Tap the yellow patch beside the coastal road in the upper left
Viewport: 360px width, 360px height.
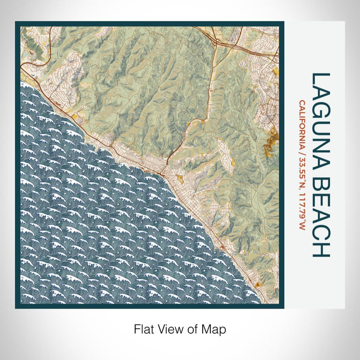[x=76, y=117]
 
